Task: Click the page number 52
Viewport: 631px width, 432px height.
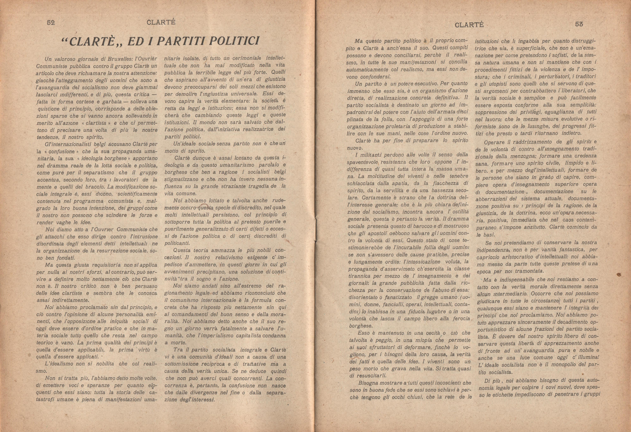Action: [x=51, y=23]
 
